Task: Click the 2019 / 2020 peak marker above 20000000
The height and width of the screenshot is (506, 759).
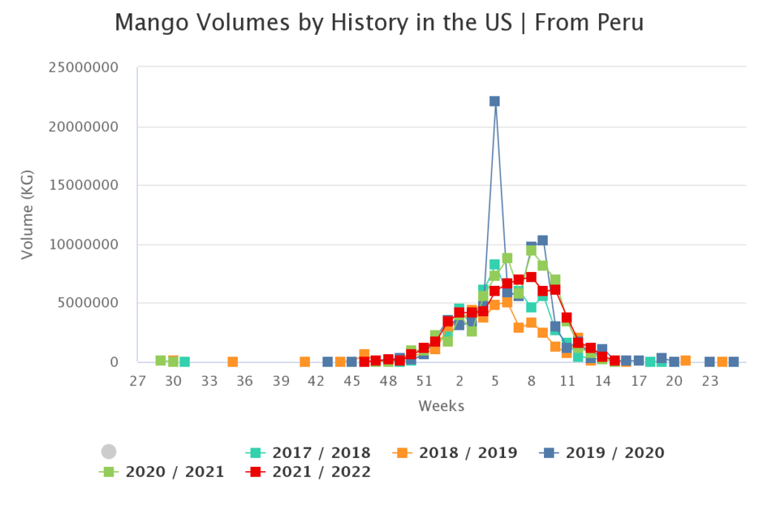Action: pyautogui.click(x=494, y=101)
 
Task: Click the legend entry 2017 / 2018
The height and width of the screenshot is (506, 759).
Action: pyautogui.click(x=308, y=453)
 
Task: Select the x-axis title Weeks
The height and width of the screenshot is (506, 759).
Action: pyautogui.click(x=442, y=406)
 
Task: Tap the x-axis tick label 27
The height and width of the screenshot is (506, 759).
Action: pyautogui.click(x=137, y=381)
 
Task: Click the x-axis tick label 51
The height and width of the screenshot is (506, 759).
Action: pyautogui.click(x=423, y=381)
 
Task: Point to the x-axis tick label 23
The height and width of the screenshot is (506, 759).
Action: pyautogui.click(x=710, y=381)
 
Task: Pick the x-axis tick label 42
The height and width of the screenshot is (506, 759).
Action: pyautogui.click(x=316, y=381)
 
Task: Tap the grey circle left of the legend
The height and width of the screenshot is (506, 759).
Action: pyautogui.click(x=109, y=452)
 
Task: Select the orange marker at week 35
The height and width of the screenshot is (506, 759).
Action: pyautogui.click(x=233, y=362)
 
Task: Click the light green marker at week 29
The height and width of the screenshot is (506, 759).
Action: pyautogui.click(x=161, y=361)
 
